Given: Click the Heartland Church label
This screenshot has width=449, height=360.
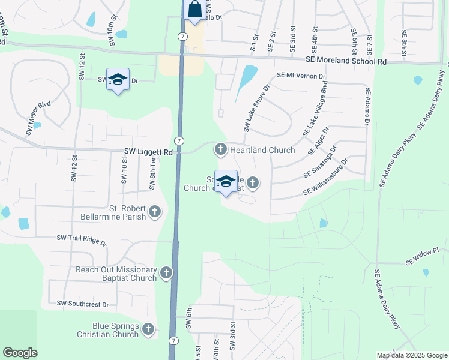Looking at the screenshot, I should [262, 150].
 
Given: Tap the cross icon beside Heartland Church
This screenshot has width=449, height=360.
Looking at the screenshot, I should [221, 149].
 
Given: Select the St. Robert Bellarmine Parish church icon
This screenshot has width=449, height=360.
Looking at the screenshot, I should [155, 211].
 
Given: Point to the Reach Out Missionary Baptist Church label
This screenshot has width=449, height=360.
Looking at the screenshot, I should [116, 274].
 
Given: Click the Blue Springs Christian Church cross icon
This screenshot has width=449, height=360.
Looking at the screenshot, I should [148, 329].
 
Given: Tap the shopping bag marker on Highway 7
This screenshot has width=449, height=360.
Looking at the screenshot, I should [194, 11].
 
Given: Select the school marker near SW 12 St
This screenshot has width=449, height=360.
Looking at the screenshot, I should [118, 80].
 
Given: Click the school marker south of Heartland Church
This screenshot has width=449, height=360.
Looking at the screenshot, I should [226, 182].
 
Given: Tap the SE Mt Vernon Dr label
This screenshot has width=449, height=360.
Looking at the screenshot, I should [301, 77].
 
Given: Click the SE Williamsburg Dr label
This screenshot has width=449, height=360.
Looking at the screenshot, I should [326, 177].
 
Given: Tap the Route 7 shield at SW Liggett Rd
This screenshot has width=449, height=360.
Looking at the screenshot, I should [180, 140].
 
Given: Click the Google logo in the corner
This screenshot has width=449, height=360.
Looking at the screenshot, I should [20, 353].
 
